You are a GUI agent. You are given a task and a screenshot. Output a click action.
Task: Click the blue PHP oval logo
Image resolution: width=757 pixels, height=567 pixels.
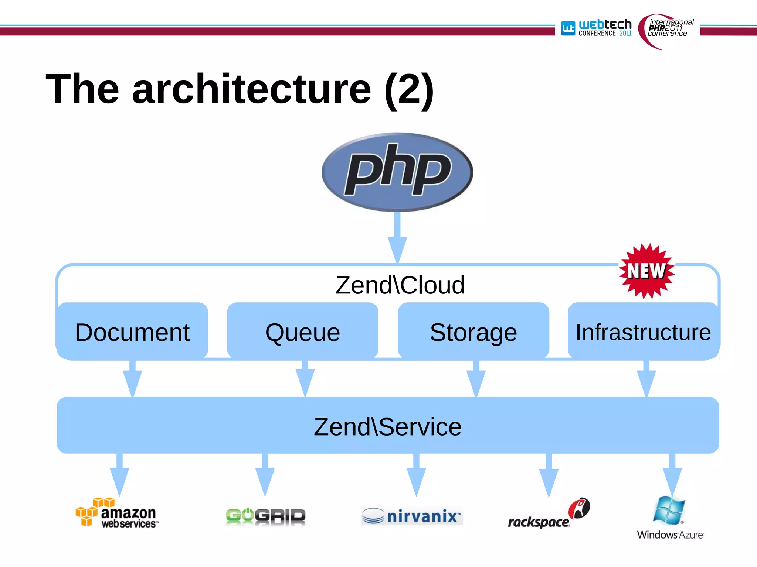(x=397, y=172)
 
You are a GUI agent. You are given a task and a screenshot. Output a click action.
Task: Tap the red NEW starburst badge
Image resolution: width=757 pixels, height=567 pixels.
(x=647, y=271)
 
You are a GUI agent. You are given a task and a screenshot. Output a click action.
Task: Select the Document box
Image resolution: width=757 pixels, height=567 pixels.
(x=132, y=331)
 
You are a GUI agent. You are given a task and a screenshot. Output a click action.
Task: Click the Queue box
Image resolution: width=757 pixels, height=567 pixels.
(x=303, y=331)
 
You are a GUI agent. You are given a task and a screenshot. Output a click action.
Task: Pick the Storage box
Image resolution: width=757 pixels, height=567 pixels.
(x=473, y=331)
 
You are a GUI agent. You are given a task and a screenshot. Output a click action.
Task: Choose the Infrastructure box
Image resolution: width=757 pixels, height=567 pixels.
(x=644, y=331)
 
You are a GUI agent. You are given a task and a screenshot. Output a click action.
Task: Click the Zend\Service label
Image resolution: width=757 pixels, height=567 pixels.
(x=388, y=426)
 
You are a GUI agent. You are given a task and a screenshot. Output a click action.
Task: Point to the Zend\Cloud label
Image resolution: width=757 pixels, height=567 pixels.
(x=400, y=285)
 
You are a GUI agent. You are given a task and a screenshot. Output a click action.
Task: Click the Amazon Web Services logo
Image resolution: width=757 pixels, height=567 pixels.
(x=117, y=513)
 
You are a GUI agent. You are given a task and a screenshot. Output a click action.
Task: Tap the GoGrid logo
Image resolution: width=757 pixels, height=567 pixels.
(x=266, y=516)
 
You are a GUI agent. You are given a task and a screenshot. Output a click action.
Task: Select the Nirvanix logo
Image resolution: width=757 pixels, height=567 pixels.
(x=412, y=516)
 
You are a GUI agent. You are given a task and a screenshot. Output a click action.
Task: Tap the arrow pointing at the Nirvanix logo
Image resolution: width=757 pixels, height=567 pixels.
(x=416, y=476)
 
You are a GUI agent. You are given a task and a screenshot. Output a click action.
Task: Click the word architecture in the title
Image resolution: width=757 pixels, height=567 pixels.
(x=251, y=89)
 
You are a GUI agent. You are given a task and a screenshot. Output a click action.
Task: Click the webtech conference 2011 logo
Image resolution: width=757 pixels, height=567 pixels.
(x=596, y=28)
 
